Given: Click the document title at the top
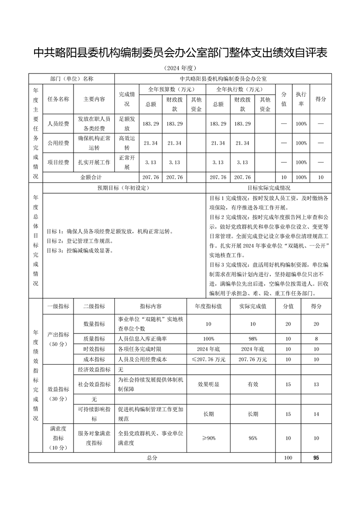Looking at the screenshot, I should pyautogui.click(x=180, y=53).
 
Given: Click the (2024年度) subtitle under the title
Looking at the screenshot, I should pyautogui.click(x=180, y=69).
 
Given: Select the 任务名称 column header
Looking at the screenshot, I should pyautogui.click(x=58, y=99).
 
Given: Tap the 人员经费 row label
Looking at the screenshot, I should pyautogui.click(x=58, y=123).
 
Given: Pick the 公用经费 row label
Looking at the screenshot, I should pyautogui.click(x=58, y=143).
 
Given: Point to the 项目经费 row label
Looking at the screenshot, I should pyautogui.click(x=58, y=162).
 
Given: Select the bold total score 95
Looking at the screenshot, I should pyautogui.click(x=316, y=458).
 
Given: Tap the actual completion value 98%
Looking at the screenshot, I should pyautogui.click(x=253, y=339).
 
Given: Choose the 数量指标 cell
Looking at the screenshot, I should pyautogui.click(x=94, y=324).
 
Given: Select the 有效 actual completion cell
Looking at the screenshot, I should pyautogui.click(x=253, y=384).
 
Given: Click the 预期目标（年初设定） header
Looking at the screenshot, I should pyautogui.click(x=123, y=188).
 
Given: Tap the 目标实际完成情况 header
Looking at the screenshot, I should pyautogui.click(x=269, y=188).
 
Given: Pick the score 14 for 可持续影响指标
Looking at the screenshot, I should pyautogui.click(x=316, y=414).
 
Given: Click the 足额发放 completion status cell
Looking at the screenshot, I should pyautogui.click(x=127, y=123).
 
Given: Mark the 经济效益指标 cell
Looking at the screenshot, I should pyautogui.click(x=94, y=370).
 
